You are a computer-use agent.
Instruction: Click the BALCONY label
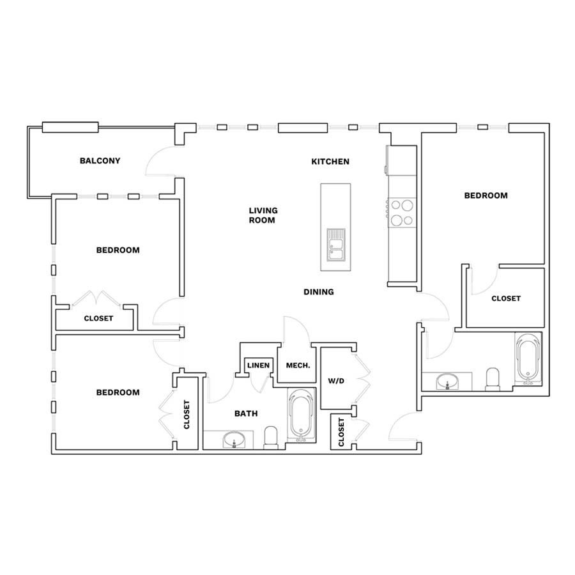point(100,160)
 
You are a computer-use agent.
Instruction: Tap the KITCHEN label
point(330,162)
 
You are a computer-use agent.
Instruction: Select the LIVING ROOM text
point(263,215)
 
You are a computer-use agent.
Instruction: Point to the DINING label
point(319,292)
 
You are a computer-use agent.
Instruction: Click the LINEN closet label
point(259,365)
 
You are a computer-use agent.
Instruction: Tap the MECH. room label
point(298,365)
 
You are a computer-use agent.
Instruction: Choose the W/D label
point(336,381)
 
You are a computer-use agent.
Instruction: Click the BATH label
point(246,413)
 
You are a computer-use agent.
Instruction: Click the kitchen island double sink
point(336,245)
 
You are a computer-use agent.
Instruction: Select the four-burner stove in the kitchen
point(402,213)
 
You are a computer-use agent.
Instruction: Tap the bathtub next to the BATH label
point(302,415)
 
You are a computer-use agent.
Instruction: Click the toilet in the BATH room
point(272,438)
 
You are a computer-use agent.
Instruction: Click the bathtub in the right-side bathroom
point(528,359)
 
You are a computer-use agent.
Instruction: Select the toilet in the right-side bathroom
point(493,379)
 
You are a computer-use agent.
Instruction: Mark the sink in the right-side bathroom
point(447,381)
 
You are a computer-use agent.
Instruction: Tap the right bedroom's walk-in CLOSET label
point(506,298)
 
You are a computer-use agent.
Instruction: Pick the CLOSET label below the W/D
point(341,433)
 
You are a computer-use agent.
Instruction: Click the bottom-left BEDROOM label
point(118,392)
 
